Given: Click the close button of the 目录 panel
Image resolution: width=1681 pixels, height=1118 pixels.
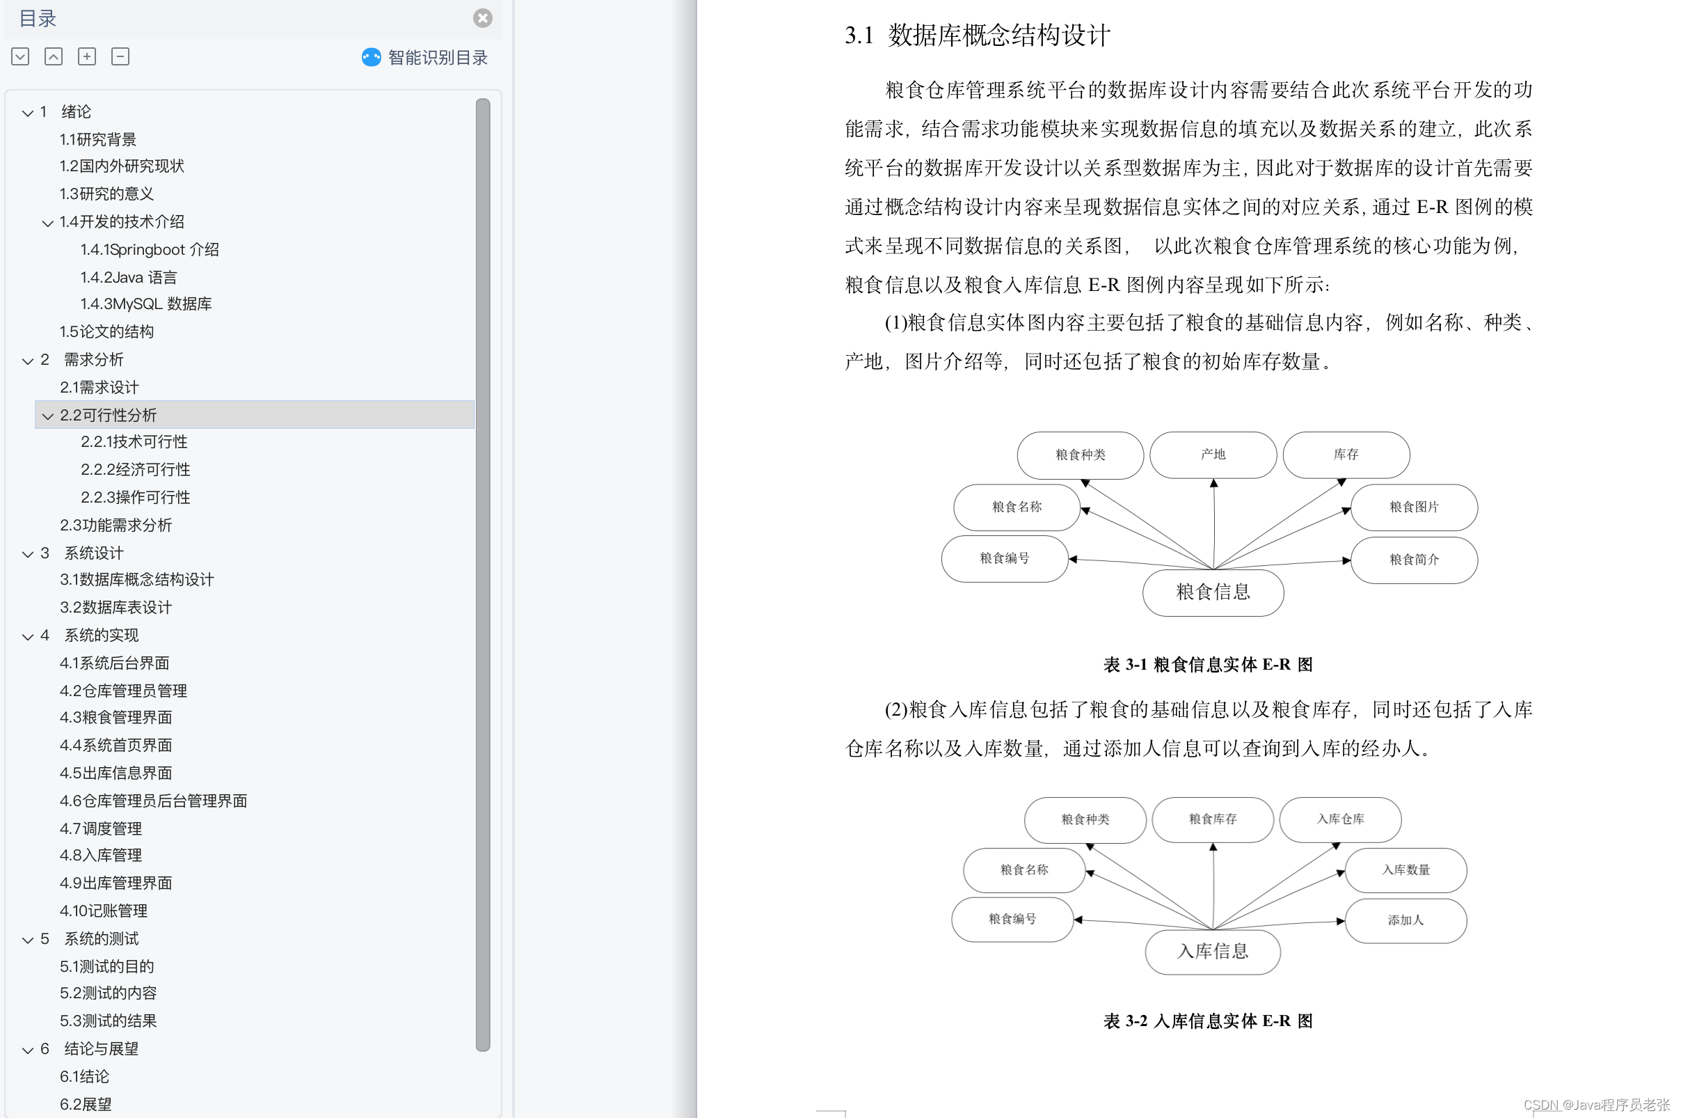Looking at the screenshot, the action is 482,18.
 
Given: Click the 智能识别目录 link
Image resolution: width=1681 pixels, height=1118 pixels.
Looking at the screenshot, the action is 437,58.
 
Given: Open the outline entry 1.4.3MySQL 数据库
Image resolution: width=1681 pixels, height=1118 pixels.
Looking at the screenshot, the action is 146,304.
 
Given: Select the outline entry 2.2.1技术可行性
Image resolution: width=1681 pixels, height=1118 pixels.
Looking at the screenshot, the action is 134,442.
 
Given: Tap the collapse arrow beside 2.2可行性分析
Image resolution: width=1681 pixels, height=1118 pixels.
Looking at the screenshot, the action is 48,416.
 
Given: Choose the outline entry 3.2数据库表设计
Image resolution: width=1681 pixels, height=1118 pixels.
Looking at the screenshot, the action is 115,608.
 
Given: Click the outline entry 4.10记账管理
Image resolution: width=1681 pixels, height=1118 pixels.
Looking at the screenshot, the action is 104,911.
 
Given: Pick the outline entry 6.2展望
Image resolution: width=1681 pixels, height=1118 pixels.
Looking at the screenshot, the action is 86,1105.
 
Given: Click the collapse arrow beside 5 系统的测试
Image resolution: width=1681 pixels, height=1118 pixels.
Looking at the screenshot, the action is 28,940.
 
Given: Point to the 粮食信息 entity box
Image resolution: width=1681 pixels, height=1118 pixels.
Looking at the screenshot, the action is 1212,592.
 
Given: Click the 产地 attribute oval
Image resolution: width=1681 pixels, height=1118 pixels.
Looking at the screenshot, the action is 1212,455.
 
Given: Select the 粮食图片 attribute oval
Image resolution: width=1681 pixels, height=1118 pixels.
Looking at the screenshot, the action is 1413,507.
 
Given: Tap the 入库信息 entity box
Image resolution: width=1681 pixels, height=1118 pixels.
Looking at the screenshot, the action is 1212,951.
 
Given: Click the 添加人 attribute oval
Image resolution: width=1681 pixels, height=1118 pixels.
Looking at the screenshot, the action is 1405,920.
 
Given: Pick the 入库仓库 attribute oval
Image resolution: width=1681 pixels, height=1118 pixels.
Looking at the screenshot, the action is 1339,819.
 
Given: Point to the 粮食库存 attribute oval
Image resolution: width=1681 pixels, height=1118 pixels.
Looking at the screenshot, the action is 1212,819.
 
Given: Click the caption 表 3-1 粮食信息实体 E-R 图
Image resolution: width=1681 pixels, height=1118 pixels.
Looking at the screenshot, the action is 1207,665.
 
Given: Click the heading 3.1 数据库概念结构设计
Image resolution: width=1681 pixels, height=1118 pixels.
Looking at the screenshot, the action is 977,35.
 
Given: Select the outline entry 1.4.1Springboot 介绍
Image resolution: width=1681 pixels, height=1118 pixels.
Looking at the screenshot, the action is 150,249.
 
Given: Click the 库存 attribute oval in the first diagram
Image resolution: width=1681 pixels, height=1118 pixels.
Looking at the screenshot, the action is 1346,455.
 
